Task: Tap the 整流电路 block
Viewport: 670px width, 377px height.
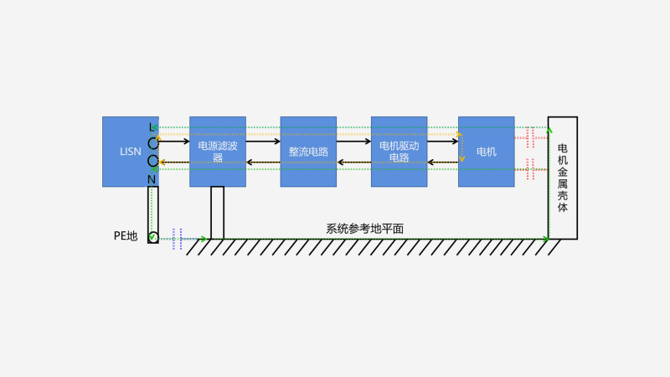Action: (x=308, y=152)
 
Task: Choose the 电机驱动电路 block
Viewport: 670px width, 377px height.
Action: (x=399, y=152)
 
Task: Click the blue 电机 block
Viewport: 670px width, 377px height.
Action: (x=486, y=152)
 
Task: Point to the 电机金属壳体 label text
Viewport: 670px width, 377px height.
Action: (x=562, y=178)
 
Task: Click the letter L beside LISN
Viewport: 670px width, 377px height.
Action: (x=152, y=127)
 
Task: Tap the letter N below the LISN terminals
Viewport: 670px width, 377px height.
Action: (x=152, y=179)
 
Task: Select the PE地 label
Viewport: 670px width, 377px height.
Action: (x=126, y=235)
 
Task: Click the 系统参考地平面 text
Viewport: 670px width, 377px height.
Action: (x=365, y=229)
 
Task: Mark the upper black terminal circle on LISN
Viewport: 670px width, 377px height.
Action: (x=153, y=142)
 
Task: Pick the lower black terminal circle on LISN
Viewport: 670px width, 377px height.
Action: (x=153, y=160)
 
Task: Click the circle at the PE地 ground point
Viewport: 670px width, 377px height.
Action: (x=152, y=238)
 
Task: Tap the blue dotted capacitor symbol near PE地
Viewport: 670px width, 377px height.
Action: (x=176, y=239)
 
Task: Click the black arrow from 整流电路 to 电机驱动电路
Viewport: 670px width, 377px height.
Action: (x=353, y=142)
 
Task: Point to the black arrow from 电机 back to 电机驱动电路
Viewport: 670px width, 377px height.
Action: (x=444, y=162)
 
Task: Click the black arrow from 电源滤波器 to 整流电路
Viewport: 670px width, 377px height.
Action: (x=263, y=142)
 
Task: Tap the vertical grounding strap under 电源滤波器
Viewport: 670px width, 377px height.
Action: (x=217, y=213)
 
